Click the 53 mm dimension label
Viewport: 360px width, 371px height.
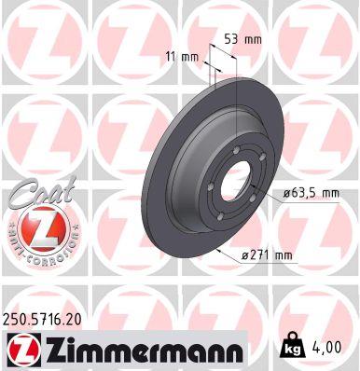[242, 39]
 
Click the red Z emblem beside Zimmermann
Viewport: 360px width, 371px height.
[22, 350]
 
